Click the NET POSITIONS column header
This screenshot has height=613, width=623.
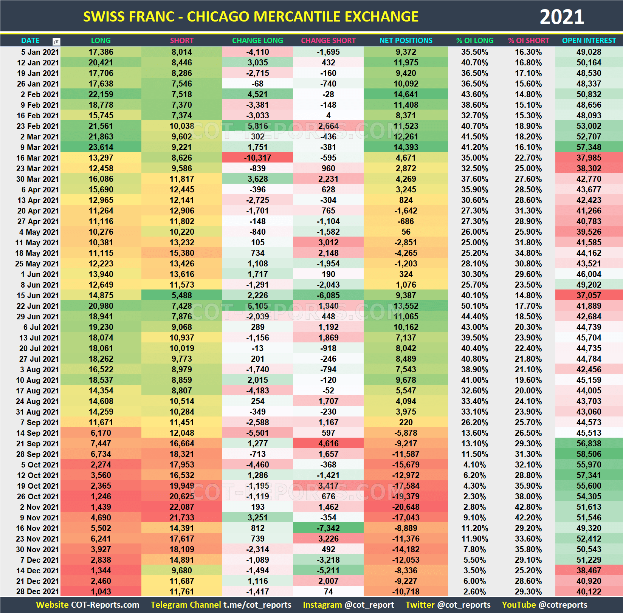406,40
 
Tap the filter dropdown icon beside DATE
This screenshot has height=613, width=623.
56,41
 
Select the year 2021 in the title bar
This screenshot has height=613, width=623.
561,17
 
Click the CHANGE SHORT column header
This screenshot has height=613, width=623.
328,40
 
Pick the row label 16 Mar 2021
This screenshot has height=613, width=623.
37,158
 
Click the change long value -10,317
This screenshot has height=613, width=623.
257,158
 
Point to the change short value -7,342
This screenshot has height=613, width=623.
328,528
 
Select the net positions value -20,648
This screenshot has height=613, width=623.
406,507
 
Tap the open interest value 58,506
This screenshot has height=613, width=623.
589,454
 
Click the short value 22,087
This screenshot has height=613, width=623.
182,507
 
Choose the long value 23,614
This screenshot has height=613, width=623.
101,147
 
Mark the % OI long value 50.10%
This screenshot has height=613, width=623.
474,306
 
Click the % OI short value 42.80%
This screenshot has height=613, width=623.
528,507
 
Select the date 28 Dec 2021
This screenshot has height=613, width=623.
37,592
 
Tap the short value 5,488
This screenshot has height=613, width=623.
182,296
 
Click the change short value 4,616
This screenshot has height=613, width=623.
328,444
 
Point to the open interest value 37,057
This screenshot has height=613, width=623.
589,296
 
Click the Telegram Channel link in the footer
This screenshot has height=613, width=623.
221,605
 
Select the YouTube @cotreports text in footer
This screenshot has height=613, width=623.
544,605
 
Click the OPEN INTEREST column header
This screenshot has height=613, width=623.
589,40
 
